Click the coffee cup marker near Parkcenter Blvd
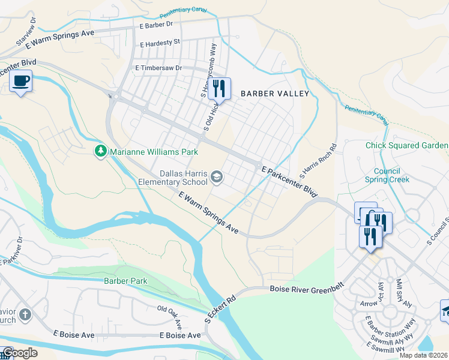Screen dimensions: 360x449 (x=21, y=81)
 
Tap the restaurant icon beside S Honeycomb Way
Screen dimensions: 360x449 (x=219, y=89)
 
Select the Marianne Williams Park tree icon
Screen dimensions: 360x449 (x=101, y=151)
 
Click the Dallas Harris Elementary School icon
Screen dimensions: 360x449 (x=216, y=176)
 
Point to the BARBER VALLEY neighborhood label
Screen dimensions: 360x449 (x=275, y=94)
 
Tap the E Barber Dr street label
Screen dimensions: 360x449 (x=155, y=25)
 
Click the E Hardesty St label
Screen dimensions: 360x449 (x=160, y=43)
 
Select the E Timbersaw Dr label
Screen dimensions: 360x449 (x=158, y=68)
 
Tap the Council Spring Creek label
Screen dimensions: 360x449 (x=387, y=175)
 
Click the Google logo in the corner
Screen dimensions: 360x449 (x=20, y=353)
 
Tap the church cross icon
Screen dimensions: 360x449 (x=25, y=314)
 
